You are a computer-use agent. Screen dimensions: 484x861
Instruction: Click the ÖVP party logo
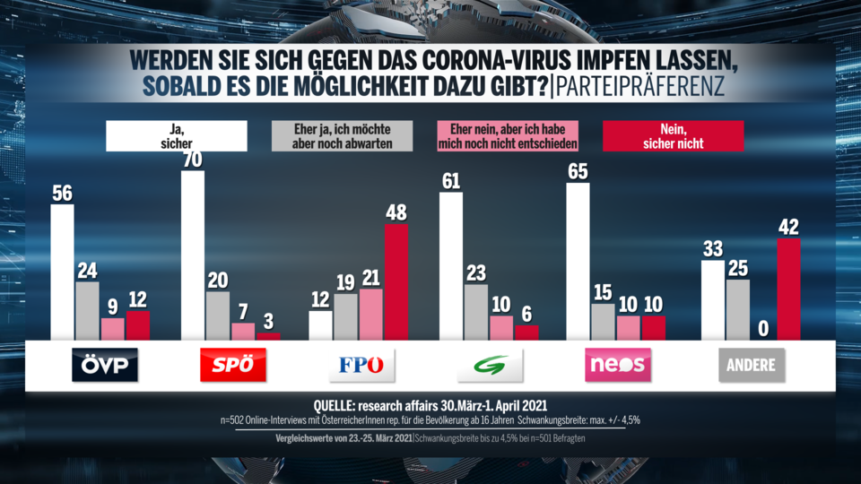pyautogui.click(x=105, y=365)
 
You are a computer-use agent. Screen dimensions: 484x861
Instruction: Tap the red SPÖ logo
pyautogui.click(x=233, y=365)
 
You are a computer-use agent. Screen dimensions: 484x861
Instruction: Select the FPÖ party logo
pyautogui.click(x=362, y=365)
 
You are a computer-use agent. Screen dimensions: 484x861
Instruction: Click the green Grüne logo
pyautogui.click(x=490, y=365)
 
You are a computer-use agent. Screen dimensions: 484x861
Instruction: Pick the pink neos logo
pyautogui.click(x=618, y=365)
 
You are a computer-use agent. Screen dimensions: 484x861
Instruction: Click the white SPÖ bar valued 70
pyautogui.click(x=193, y=255)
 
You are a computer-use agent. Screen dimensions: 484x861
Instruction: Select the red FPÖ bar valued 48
pyautogui.click(x=396, y=282)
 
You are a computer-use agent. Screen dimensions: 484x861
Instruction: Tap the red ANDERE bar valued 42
pyautogui.click(x=788, y=289)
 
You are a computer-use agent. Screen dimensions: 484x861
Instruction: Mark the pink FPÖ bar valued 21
pyautogui.click(x=371, y=315)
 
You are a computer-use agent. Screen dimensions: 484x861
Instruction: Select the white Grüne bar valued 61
pyautogui.click(x=451, y=266)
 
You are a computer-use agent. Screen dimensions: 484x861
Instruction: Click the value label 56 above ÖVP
pyautogui.click(x=62, y=194)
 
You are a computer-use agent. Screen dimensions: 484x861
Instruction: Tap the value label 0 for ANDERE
pyautogui.click(x=763, y=329)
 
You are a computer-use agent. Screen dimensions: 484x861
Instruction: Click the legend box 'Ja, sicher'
pyautogui.click(x=177, y=135)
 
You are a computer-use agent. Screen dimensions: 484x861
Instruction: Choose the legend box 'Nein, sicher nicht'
pyautogui.click(x=674, y=135)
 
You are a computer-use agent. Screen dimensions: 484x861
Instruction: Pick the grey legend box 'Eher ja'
pyautogui.click(x=342, y=135)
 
